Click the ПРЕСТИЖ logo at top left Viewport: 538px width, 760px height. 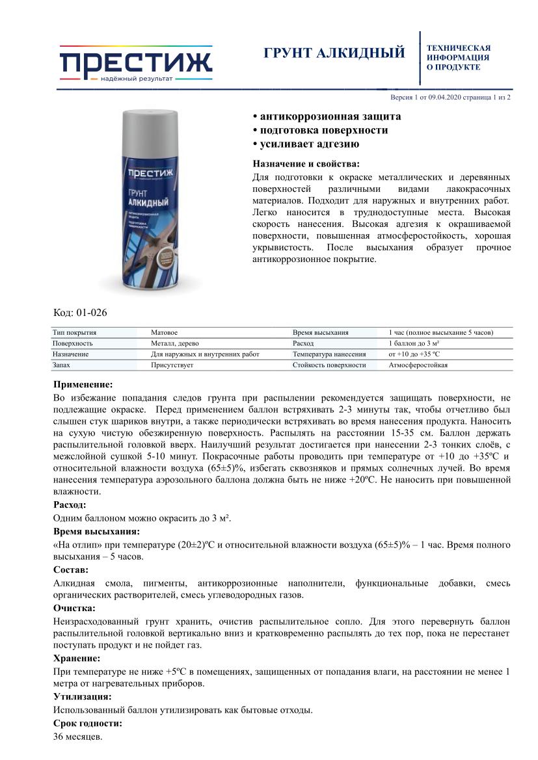tap(135, 64)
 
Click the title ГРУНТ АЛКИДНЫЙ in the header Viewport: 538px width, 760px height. tap(334, 53)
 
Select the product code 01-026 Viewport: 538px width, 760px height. tap(80, 312)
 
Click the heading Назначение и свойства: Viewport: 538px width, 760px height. tap(305, 163)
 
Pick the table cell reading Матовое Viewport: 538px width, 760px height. tap(164, 332)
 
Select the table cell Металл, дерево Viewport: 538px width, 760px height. tap(175, 343)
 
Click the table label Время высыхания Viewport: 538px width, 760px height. tap(320, 332)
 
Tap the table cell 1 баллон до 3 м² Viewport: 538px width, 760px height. tap(414, 343)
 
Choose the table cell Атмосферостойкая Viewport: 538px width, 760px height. tap(418, 365)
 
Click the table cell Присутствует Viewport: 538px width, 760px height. tap(172, 365)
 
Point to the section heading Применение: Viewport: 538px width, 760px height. tap(83, 384)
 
